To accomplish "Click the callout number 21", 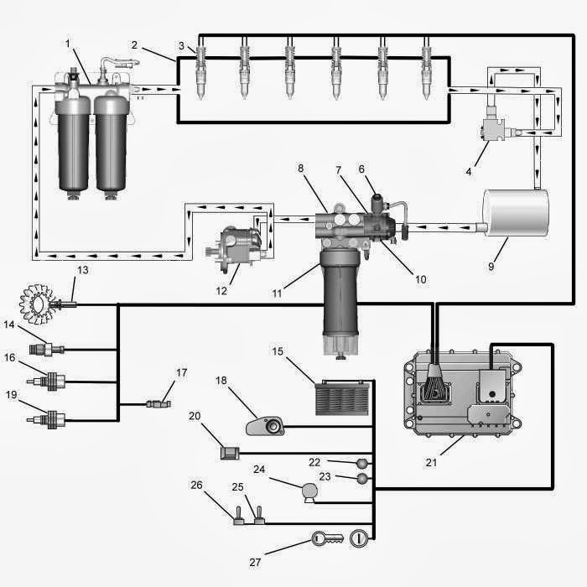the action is (431, 462).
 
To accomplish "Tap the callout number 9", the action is (491, 266).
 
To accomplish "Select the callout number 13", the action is (83, 270).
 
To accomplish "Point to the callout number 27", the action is (255, 562).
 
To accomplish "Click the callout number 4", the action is (469, 171).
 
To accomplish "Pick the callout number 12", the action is (221, 290).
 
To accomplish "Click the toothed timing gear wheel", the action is (36, 304).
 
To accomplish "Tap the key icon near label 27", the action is (328, 538).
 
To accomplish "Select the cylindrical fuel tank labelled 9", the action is (515, 213).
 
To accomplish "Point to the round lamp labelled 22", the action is (362, 464).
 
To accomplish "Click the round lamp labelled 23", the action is (362, 479).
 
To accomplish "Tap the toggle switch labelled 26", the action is (238, 516).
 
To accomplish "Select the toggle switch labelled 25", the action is (259, 516).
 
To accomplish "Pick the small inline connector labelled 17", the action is (158, 404).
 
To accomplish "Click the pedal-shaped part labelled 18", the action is (265, 426).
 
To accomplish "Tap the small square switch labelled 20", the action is (230, 453).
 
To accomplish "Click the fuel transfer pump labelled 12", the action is (236, 248).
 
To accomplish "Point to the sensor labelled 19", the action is (46, 419).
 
